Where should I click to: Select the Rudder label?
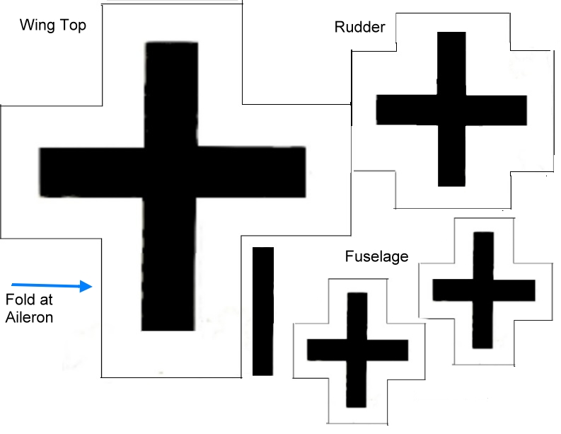click(359, 28)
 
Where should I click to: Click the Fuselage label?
click(376, 256)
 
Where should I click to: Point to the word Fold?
click(20, 300)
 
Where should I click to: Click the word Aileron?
click(29, 317)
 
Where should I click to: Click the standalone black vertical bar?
click(262, 311)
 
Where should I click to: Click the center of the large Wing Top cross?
click(170, 172)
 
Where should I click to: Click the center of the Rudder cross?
click(451, 109)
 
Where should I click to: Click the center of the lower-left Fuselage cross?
click(357, 350)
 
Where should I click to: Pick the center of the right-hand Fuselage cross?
click(483, 290)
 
